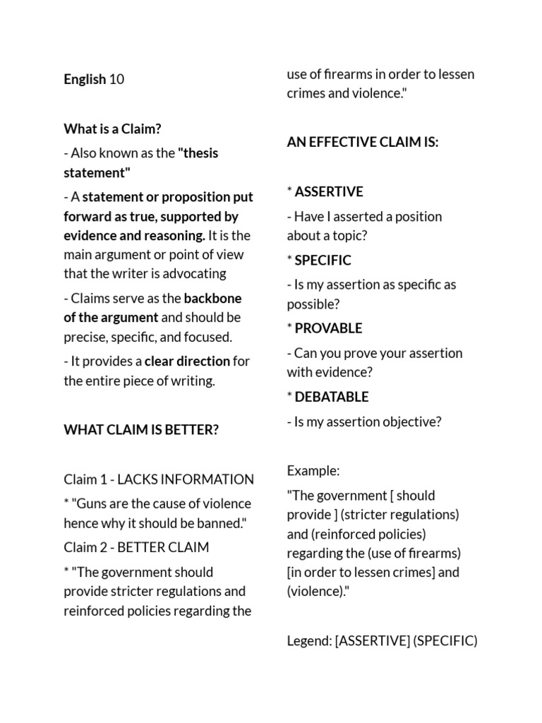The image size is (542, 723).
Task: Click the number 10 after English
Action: click(x=117, y=79)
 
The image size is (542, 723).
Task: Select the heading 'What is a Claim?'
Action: click(x=113, y=129)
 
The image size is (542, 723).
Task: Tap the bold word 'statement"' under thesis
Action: click(x=97, y=173)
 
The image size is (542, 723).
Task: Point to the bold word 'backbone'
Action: click(x=213, y=298)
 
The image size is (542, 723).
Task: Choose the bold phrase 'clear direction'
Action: click(x=187, y=361)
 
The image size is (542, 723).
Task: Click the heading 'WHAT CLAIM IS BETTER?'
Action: click(x=141, y=429)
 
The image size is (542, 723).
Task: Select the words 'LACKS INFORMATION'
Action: click(x=186, y=479)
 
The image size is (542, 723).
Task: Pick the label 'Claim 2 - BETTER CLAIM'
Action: click(x=136, y=547)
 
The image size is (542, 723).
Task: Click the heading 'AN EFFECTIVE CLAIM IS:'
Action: click(x=363, y=142)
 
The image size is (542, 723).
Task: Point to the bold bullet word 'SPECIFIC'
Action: click(x=323, y=260)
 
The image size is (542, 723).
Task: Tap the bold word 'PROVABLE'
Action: click(x=328, y=328)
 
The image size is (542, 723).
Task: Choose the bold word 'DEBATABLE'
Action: click(x=332, y=397)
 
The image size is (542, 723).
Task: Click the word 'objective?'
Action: click(x=411, y=422)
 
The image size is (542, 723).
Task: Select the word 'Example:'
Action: click(x=313, y=470)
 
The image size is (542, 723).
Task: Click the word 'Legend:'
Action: click(x=309, y=641)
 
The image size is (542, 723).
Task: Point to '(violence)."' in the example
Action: click(x=318, y=591)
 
